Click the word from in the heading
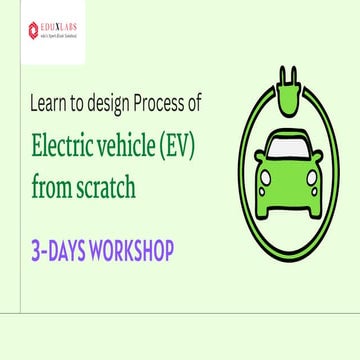pos(55,187)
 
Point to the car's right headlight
pos(312,181)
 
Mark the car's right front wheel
pos(312,212)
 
